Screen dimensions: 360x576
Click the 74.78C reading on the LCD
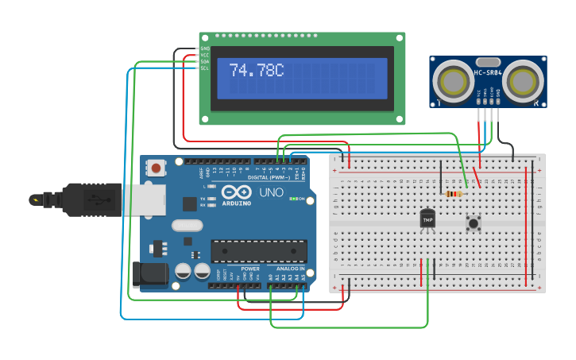point(256,71)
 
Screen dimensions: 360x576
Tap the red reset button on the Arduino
point(157,168)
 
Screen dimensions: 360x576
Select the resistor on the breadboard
point(454,193)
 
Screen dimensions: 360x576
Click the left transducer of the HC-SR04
point(453,80)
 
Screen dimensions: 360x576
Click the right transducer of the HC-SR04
point(524,80)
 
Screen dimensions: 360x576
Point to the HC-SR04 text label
point(488,73)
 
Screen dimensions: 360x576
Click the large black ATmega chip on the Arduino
point(258,251)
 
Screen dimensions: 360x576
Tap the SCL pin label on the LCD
point(204,68)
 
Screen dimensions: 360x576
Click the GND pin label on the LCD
point(204,48)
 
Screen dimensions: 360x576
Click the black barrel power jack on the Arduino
point(151,273)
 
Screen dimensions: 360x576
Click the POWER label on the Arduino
point(250,269)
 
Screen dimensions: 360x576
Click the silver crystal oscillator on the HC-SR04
point(487,61)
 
